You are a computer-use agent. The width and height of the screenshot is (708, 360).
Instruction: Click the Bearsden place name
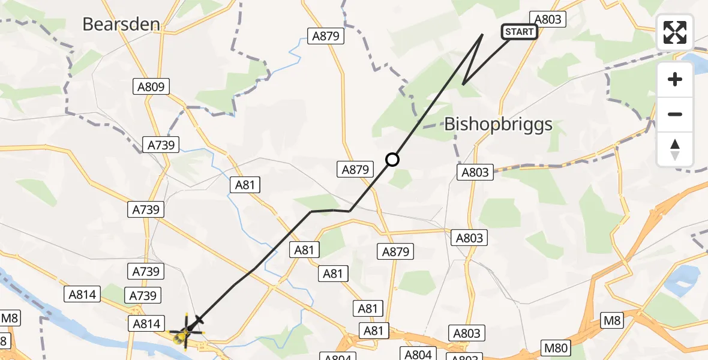[x=121, y=24]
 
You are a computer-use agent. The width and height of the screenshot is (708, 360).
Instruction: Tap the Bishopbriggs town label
[x=498, y=125]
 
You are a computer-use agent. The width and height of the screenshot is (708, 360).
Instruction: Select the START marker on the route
[x=519, y=32]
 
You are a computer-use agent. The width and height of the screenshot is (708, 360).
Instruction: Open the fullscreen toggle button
[x=675, y=32]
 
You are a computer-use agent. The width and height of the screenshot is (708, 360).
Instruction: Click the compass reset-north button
[x=675, y=149]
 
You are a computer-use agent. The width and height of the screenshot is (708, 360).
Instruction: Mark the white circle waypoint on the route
[x=392, y=160]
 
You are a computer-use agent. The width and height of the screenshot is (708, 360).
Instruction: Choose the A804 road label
[x=418, y=354]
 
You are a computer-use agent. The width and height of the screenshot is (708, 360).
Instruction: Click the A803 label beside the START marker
[x=547, y=19]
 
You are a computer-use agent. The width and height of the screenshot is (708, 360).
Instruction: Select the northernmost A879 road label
[x=326, y=36]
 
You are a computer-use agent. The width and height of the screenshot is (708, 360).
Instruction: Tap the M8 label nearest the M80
[x=612, y=320]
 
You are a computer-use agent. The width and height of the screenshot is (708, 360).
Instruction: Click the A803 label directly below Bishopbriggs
[x=474, y=173]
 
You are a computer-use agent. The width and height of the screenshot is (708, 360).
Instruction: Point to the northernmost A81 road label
[x=245, y=185]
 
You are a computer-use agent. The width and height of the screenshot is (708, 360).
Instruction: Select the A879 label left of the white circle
[x=355, y=170]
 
